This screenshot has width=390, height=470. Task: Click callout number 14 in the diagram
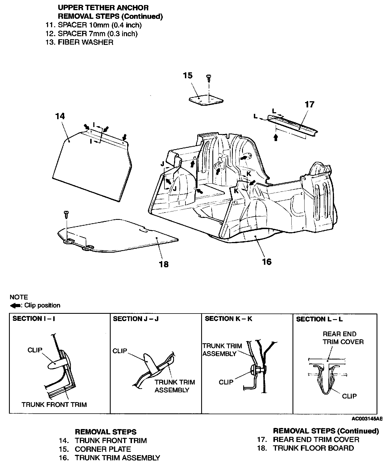tap(60, 116)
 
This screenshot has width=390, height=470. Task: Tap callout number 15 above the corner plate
tap(188, 76)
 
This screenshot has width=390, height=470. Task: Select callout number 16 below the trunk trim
tap(267, 262)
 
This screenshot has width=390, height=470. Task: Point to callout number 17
tap(309, 105)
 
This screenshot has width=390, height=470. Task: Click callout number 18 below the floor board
tap(164, 264)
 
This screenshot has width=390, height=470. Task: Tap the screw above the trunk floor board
tap(66, 215)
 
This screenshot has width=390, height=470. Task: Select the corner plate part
tap(206, 101)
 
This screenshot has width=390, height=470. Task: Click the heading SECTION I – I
tap(34, 319)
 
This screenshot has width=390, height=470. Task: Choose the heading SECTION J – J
tap(136, 319)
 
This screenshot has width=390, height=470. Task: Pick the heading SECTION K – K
tap(228, 319)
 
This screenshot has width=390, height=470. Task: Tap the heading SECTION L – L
tap(319, 319)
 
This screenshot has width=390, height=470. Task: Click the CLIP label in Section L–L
tap(349, 396)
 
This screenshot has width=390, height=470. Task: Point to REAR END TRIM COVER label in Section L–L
tap(343, 338)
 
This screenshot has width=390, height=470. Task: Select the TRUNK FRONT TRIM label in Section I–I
tap(54, 404)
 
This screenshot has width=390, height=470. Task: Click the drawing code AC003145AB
tap(367, 419)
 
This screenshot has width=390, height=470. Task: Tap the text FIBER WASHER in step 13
tap(85, 42)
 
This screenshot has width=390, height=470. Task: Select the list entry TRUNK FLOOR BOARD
tap(313, 448)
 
